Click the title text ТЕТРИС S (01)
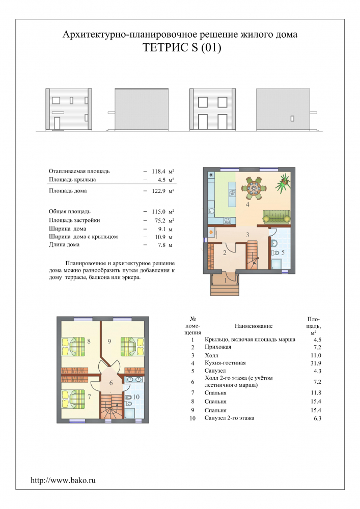tap(182, 48)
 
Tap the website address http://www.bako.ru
tap(63, 480)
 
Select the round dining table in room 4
tap(253, 188)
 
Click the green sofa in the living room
tap(276, 217)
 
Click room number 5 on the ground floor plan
tap(283, 252)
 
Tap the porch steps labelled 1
tap(225, 285)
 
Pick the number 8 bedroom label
tap(89, 341)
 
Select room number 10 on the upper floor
tap(136, 397)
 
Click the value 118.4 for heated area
tap(158, 171)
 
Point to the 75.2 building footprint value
tap(160, 220)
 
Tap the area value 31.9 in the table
tap(316, 363)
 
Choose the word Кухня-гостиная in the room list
tap(225, 363)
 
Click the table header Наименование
tap(254, 326)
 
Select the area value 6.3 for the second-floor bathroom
tap(317, 418)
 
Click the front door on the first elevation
tap(57, 124)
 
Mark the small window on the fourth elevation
tap(292, 119)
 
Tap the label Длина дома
tap(64, 245)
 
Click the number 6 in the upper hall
tap(110, 383)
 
